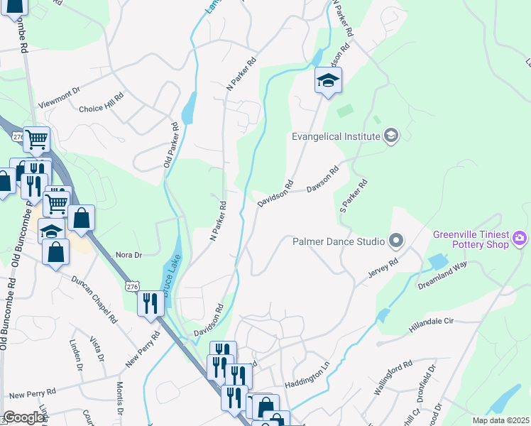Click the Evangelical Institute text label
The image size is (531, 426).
coord(336,136)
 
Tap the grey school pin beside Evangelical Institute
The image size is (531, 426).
coord(390,136)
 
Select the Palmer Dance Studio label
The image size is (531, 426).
coord(339,241)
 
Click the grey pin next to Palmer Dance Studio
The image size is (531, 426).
coord(395,241)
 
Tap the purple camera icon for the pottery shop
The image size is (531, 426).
coord(520,238)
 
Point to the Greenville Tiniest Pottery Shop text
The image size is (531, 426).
coord(471,239)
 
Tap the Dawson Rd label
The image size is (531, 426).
coord(323,180)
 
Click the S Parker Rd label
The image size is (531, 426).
coord(353,196)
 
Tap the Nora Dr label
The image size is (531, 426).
coord(128,254)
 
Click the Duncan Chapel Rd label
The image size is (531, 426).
coord(94,298)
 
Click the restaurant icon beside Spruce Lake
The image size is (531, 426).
coord(150,303)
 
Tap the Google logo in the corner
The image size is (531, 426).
coord(24,417)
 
